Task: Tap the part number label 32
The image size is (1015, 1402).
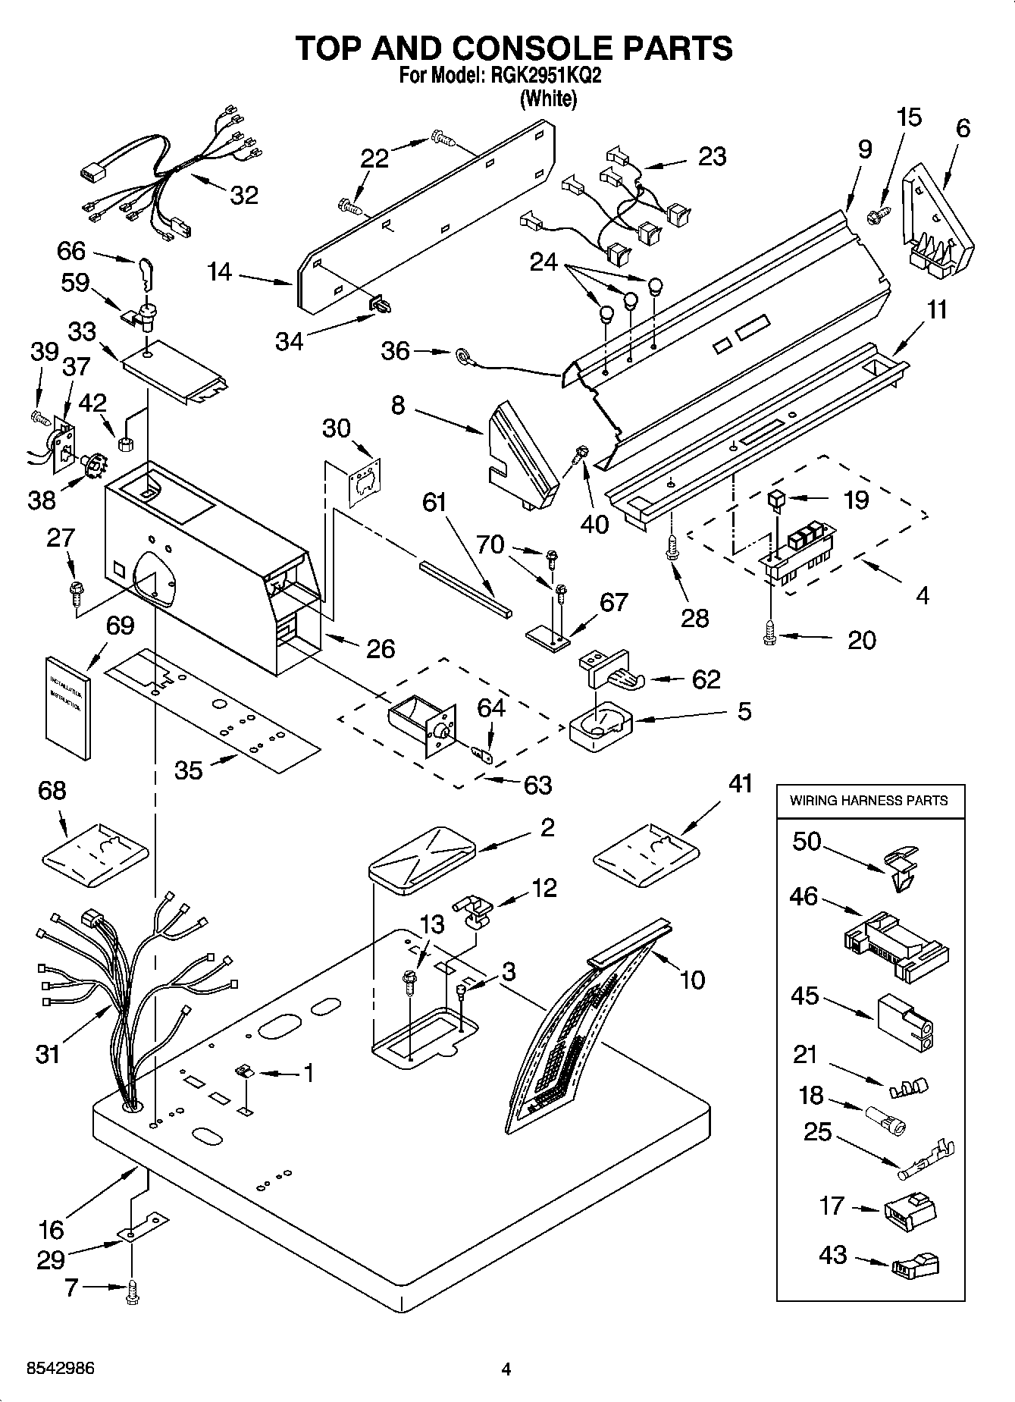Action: click(x=244, y=195)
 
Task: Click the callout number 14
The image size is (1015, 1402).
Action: click(x=220, y=271)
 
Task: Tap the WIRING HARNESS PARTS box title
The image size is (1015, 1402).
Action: click(x=869, y=800)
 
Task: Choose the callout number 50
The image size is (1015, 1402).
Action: click(x=807, y=841)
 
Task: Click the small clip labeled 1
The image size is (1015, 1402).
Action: click(x=243, y=1071)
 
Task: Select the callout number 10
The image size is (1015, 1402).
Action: click(x=693, y=980)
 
